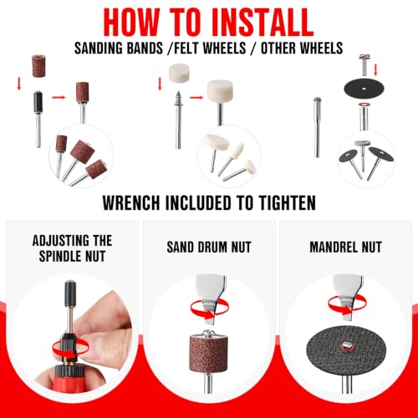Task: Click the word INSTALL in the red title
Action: coord(263,23)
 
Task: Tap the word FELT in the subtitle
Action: coord(186,48)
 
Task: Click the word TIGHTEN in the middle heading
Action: coord(287,202)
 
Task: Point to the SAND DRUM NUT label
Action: coord(209,247)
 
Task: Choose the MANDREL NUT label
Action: coord(345,247)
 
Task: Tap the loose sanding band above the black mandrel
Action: coord(38,66)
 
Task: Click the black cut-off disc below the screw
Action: coord(364,89)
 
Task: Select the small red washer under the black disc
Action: coord(364,105)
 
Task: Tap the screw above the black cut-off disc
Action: coord(364,65)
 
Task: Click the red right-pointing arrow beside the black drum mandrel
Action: coord(59,97)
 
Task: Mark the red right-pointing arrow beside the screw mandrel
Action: coord(196,98)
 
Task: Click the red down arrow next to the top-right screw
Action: coord(375,69)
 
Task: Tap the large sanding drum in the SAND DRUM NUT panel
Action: coord(209,353)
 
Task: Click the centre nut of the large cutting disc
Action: coord(345,346)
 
